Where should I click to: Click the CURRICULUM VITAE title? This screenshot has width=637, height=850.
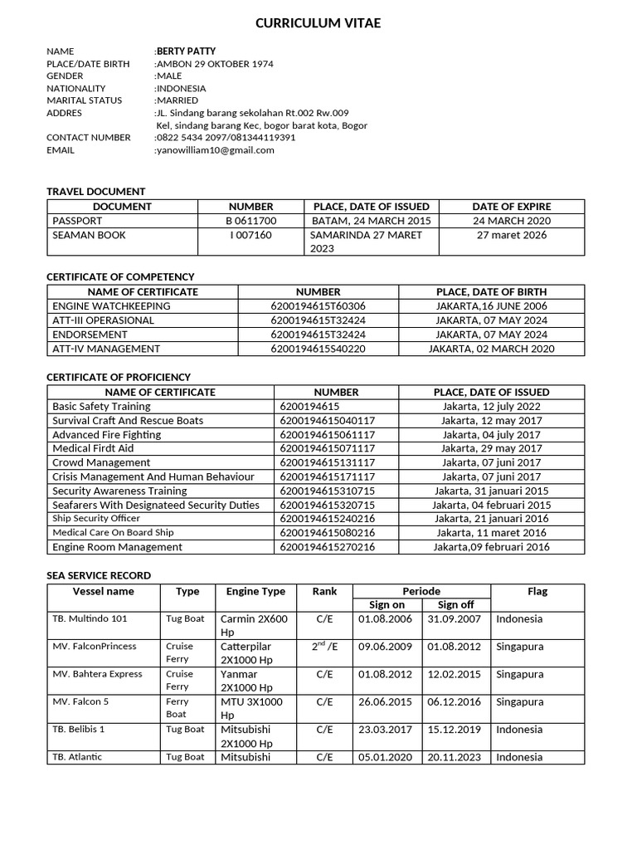pyautogui.click(x=318, y=23)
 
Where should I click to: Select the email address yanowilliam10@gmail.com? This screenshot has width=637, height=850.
pyautogui.click(x=215, y=150)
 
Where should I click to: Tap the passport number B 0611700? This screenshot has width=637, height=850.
pyautogui.click(x=251, y=221)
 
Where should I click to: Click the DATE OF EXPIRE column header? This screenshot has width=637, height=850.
pyautogui.click(x=511, y=207)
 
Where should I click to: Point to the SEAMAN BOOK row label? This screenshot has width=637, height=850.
pyautogui.click(x=89, y=235)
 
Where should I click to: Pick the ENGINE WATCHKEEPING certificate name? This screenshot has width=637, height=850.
pyautogui.click(x=111, y=306)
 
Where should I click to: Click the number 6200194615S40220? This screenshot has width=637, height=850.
pyautogui.click(x=318, y=349)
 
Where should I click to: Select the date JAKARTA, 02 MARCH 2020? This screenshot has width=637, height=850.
pyautogui.click(x=491, y=349)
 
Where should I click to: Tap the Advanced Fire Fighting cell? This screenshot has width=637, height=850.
pyautogui.click(x=106, y=435)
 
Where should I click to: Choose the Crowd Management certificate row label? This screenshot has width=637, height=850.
pyautogui.click(x=101, y=462)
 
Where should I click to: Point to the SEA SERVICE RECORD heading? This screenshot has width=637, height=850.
pyautogui.click(x=99, y=575)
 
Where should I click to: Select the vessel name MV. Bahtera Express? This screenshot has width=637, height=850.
pyautogui.click(x=97, y=674)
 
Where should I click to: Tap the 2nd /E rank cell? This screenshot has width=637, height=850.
pyautogui.click(x=324, y=647)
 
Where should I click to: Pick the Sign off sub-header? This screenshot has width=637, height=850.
pyautogui.click(x=455, y=605)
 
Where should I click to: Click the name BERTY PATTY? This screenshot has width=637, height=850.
pyautogui.click(x=186, y=51)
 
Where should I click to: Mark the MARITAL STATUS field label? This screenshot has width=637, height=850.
pyautogui.click(x=84, y=100)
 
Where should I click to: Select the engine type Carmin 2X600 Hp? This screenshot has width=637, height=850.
pyautogui.click(x=254, y=625)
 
